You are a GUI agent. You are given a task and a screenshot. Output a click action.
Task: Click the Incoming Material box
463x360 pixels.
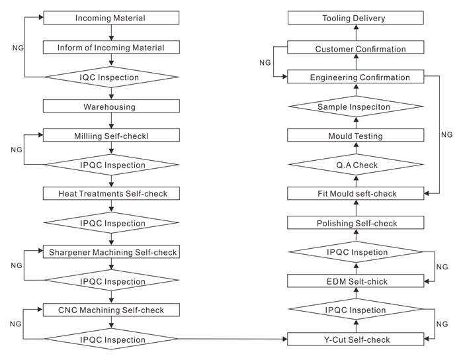click(111, 18)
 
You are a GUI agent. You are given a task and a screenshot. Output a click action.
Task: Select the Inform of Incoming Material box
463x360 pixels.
click(111, 47)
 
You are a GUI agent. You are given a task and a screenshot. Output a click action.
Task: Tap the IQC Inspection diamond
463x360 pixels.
click(111, 77)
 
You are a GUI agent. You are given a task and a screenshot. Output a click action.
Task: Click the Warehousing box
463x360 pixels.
click(111, 106)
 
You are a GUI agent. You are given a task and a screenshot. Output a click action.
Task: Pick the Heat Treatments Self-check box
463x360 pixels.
click(111, 193)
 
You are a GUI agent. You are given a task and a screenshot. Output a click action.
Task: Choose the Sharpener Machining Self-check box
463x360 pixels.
click(111, 251)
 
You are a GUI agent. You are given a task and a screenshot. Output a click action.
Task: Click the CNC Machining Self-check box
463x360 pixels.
click(111, 310)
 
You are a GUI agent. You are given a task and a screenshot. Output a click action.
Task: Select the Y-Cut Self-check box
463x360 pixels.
click(356, 339)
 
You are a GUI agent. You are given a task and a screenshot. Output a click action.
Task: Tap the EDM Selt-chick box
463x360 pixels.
click(356, 281)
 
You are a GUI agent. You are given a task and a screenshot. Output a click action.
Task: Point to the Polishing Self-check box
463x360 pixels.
click(356, 222)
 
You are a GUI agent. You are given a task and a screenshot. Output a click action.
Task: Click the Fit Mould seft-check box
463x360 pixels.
click(356, 193)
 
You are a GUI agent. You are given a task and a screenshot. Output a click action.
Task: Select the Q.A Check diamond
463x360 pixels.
click(356, 165)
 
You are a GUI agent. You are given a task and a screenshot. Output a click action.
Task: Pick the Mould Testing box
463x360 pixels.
click(356, 135)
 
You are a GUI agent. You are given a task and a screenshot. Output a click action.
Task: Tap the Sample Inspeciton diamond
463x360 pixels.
click(356, 107)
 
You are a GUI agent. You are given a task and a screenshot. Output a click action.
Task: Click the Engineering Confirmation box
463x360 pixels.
click(356, 77)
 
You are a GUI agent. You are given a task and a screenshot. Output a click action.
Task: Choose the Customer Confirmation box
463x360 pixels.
click(356, 47)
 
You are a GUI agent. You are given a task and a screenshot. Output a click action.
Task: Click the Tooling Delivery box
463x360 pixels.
click(356, 18)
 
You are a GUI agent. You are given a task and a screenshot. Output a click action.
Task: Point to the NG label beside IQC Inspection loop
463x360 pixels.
click(18, 48)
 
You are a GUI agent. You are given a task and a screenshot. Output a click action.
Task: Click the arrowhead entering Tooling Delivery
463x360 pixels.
click(356, 27)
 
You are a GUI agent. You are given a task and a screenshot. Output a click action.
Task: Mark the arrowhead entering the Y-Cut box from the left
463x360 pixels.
click(285, 339)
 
